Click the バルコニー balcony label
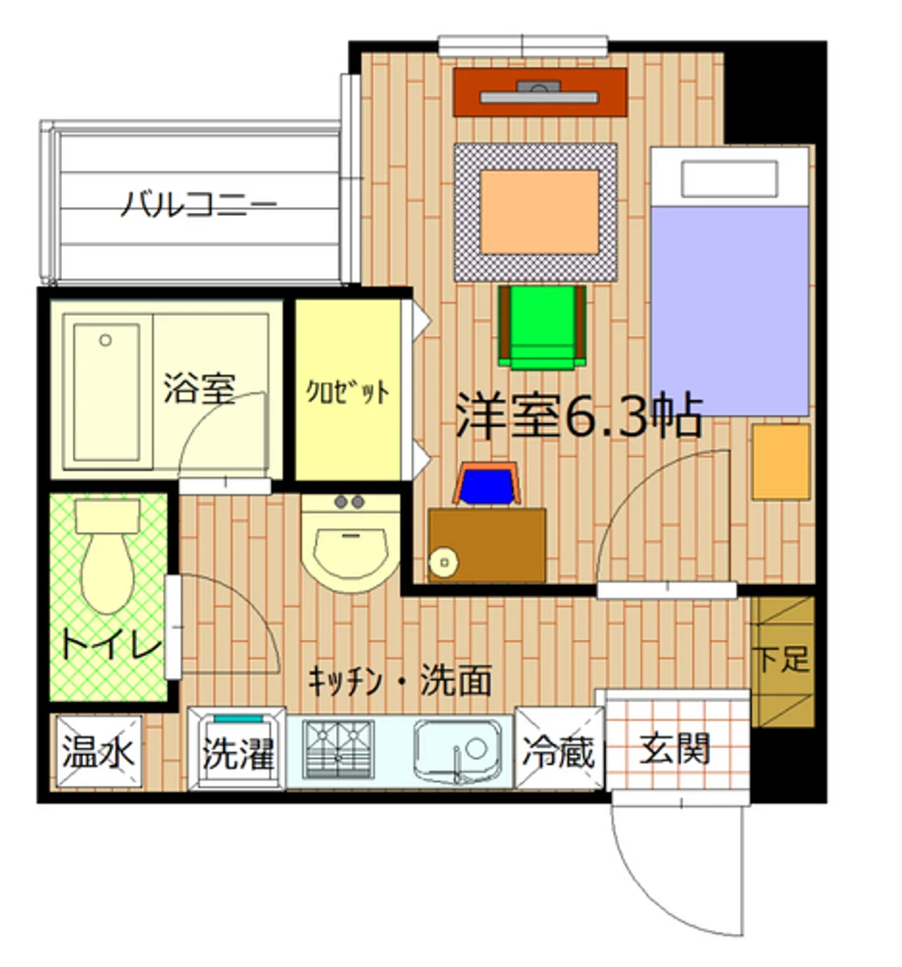coord(198,204)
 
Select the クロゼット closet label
coord(347,392)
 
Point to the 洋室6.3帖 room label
coord(579,414)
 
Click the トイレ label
coord(111,644)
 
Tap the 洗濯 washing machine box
coord(237,753)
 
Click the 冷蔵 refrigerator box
coord(559,751)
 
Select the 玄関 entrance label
coord(675,749)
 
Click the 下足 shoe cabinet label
coord(781,659)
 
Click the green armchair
coord(542,326)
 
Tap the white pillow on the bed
coord(729,178)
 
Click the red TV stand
coord(539,93)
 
